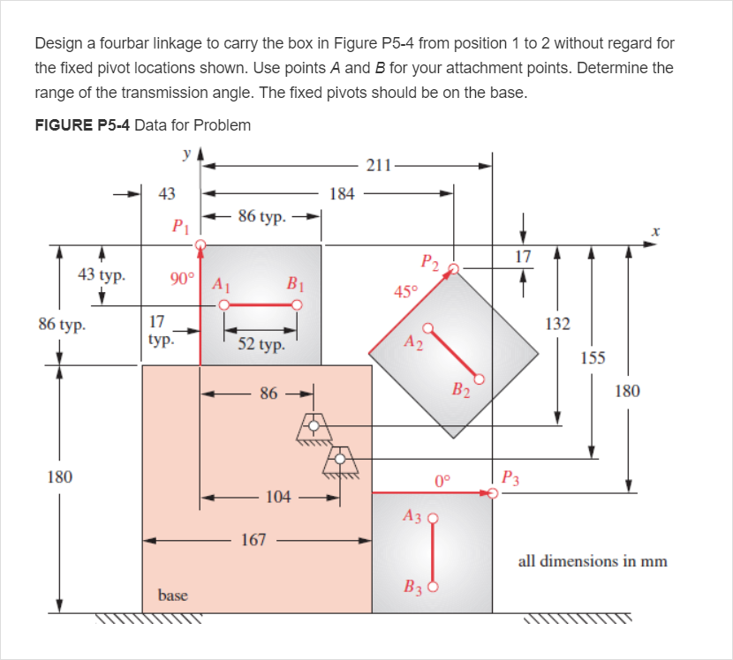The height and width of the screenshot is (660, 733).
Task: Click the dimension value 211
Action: click(378, 164)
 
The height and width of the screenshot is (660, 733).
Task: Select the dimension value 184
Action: click(342, 193)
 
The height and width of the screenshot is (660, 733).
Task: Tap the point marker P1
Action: click(202, 245)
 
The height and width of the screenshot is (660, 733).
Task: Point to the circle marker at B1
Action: click(298, 305)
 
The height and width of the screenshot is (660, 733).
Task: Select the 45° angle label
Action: click(405, 292)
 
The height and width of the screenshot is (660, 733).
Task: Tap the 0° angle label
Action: click(442, 481)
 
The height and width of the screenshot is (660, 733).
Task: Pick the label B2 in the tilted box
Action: click(461, 388)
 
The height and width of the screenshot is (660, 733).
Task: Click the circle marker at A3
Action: click(433, 519)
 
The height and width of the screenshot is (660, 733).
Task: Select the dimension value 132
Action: click(557, 324)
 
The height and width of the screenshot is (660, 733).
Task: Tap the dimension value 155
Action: click(593, 357)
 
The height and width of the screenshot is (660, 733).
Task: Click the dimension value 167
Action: click(253, 540)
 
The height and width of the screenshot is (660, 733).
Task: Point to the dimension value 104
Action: click(277, 497)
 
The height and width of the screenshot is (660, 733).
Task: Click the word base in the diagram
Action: click(172, 596)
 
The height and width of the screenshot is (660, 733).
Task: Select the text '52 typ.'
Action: click(261, 344)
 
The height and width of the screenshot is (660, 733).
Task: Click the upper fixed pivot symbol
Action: click(314, 427)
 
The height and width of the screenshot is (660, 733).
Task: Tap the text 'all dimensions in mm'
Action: click(592, 561)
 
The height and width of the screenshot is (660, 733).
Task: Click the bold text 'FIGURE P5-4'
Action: click(82, 124)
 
